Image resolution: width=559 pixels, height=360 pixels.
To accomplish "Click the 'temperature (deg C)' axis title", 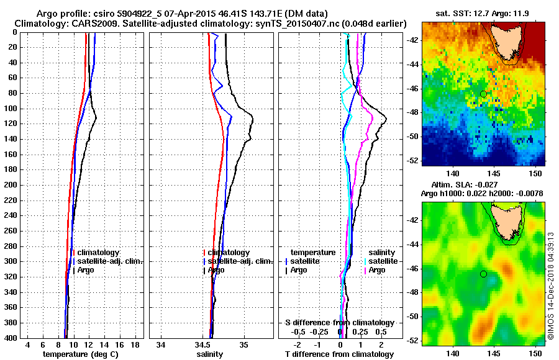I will coord(80,354).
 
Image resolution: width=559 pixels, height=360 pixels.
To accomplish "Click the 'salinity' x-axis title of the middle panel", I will coord(211,354).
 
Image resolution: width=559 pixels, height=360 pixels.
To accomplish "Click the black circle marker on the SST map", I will coord(483,94).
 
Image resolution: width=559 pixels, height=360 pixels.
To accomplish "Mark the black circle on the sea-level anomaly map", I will coord(483,274).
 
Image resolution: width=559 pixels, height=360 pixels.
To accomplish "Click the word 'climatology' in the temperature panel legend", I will coord(98,253).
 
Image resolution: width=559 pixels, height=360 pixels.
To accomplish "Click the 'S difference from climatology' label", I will coord(340,323).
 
